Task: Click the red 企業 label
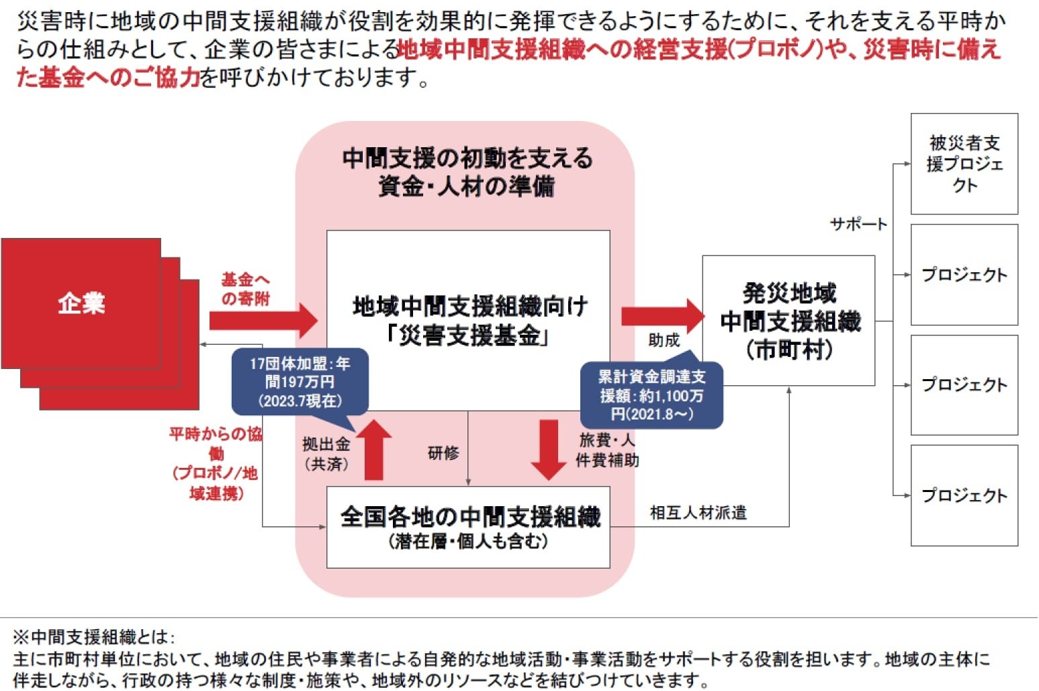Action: [x=81, y=304]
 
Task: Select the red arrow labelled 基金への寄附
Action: [x=262, y=320]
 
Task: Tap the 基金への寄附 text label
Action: [x=245, y=289]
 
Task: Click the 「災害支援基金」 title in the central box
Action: [x=469, y=335]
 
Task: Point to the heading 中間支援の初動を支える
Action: [x=467, y=159]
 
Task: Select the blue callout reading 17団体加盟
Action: [x=300, y=382]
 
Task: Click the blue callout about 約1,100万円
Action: [x=651, y=395]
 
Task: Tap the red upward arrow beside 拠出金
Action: [x=373, y=450]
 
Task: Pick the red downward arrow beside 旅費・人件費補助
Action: [x=548, y=450]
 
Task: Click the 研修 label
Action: [x=443, y=453]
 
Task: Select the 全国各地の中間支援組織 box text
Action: [x=469, y=518]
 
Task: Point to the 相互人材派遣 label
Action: [x=698, y=513]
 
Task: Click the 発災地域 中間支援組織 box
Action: [x=789, y=321]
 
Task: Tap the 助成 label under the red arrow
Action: [x=664, y=341]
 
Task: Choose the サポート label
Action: [x=858, y=225]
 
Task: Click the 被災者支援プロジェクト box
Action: [x=964, y=164]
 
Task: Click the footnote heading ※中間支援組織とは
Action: [x=94, y=636]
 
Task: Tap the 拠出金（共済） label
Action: [x=326, y=454]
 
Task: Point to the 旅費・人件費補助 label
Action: [x=607, y=450]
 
